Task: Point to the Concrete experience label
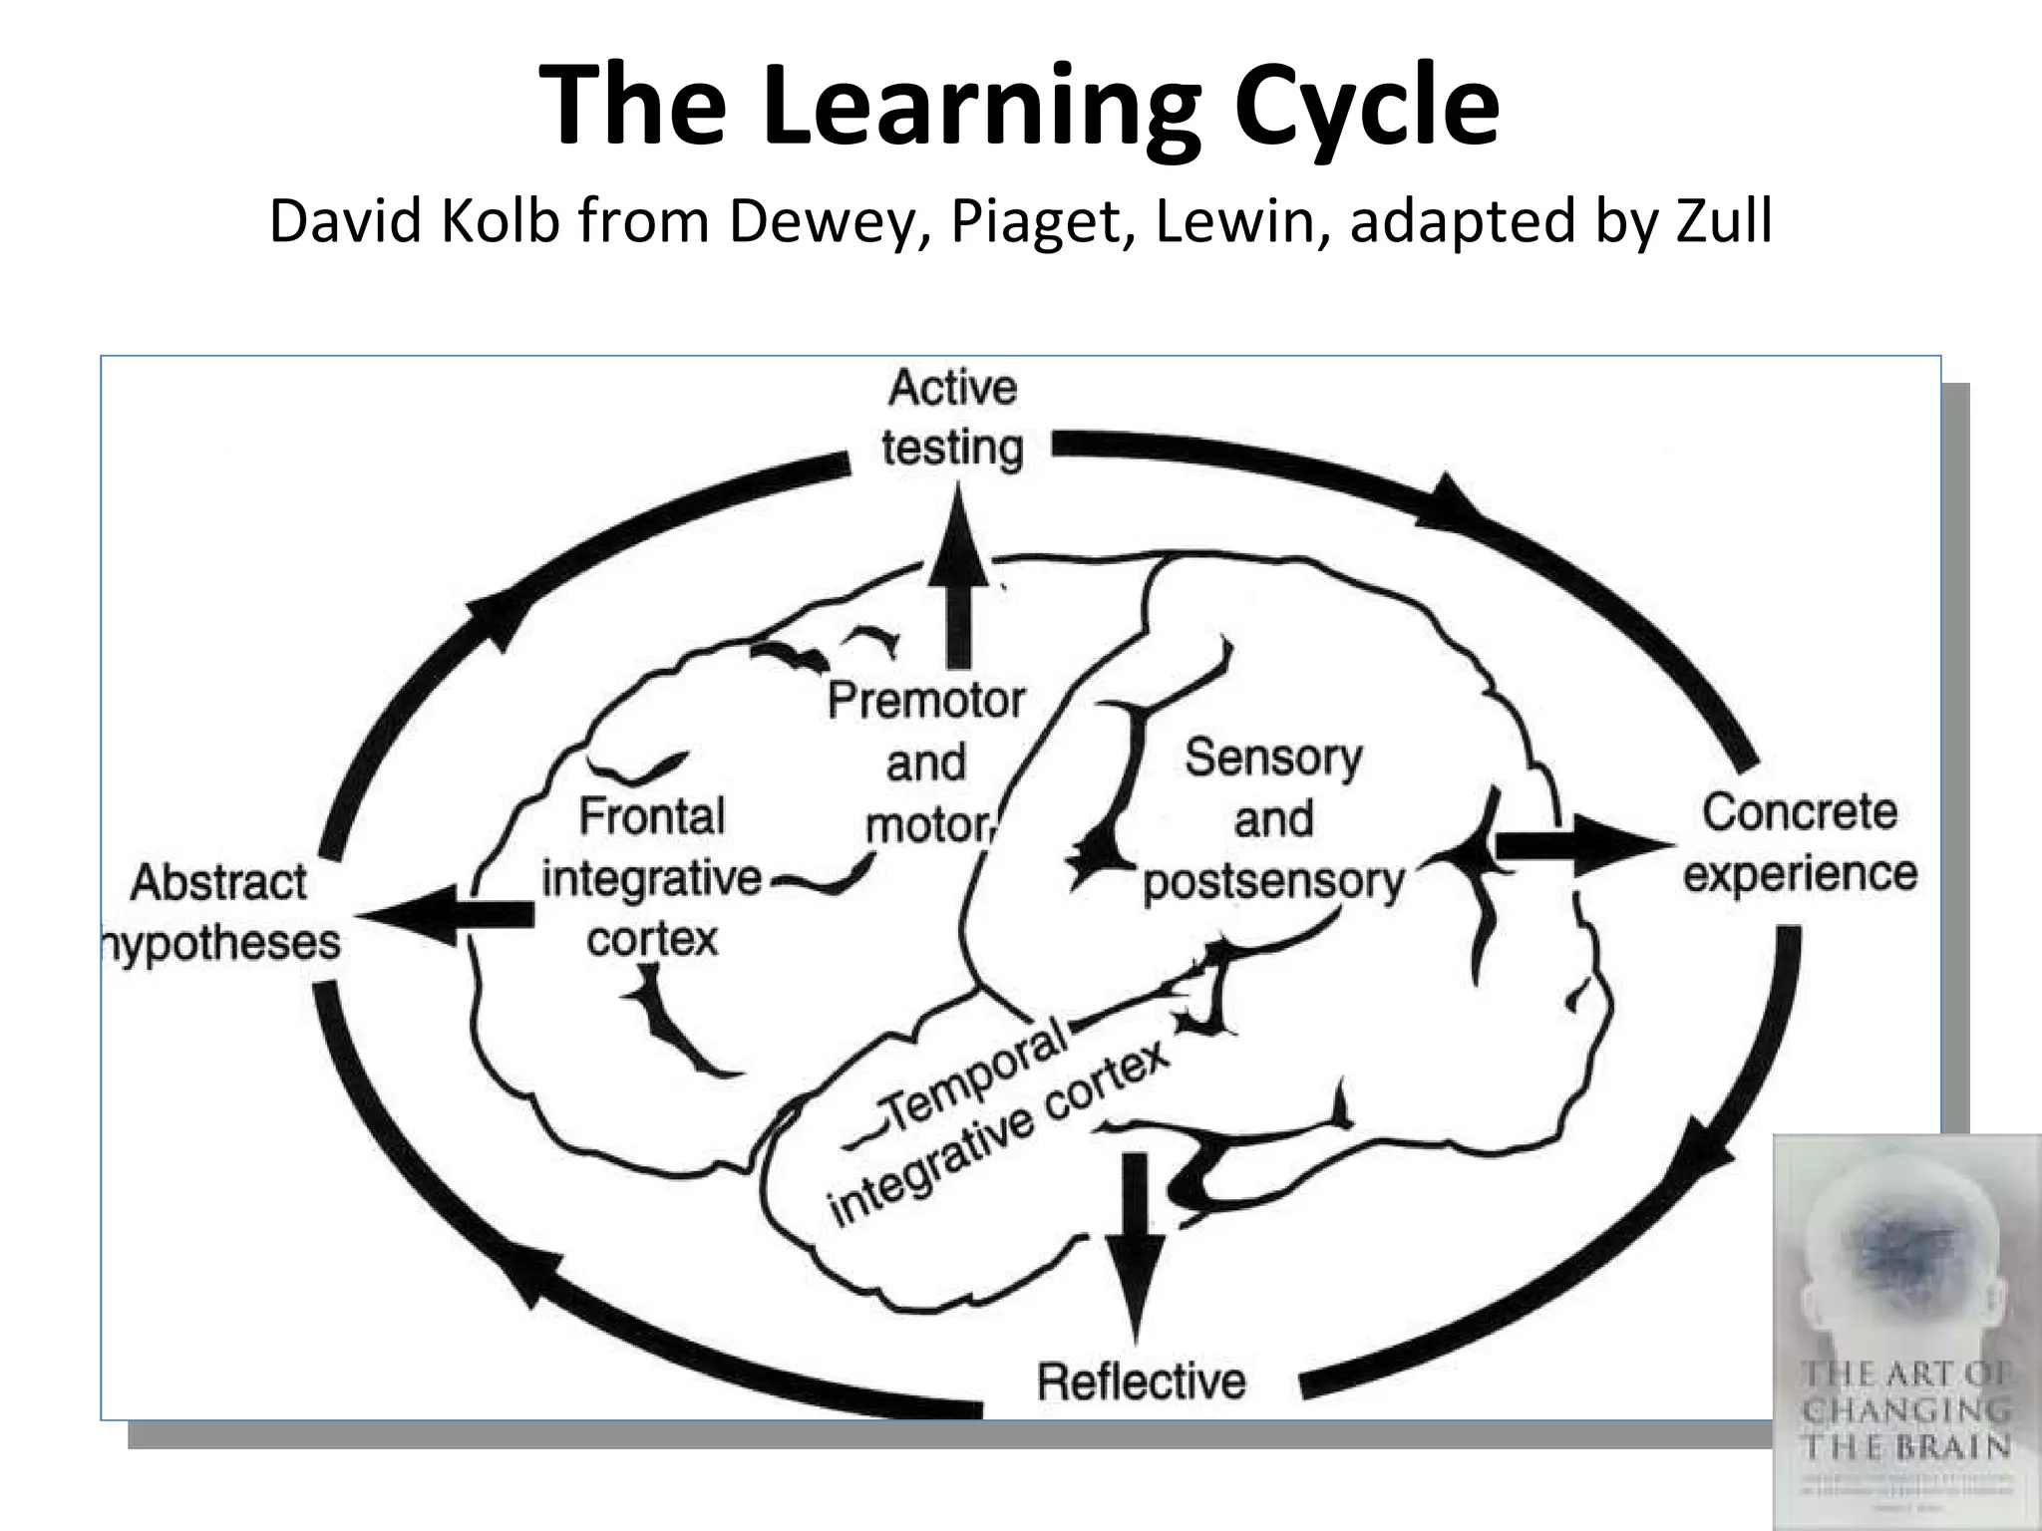1800,843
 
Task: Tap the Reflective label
1142,1381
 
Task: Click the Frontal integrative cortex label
651,877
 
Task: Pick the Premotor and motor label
926,763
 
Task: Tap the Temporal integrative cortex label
997,1126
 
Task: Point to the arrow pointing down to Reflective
1135,1246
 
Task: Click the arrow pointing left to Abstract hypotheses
449,914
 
